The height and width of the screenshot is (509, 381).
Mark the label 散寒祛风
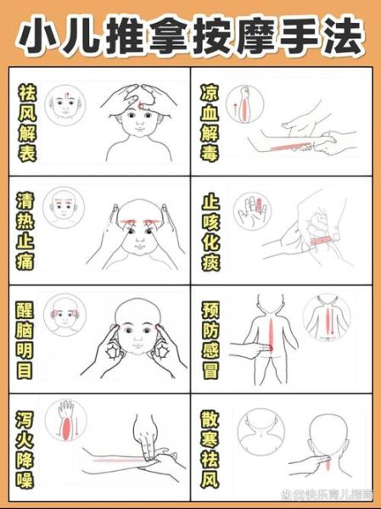[x=211, y=447]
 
